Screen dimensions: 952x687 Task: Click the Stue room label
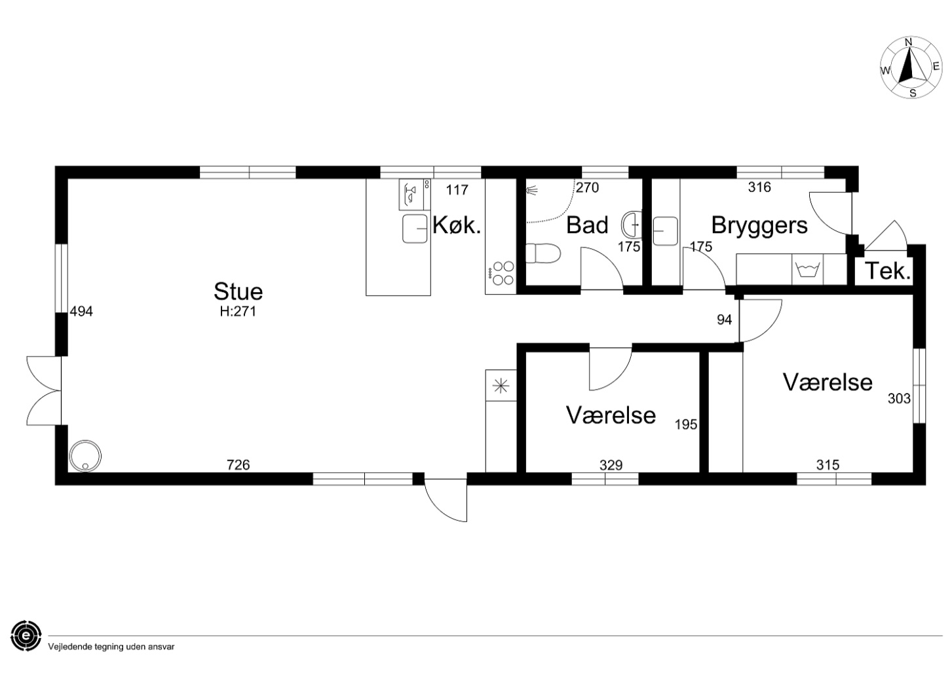tap(238, 291)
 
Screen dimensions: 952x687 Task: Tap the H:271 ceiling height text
tap(238, 312)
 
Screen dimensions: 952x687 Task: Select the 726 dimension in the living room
tap(238, 465)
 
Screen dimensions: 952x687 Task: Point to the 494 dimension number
tap(81, 312)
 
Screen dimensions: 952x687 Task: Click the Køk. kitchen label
tap(457, 225)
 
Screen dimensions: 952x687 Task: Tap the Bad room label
tap(587, 225)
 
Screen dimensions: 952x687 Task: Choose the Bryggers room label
tap(759, 225)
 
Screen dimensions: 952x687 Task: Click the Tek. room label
tap(887, 270)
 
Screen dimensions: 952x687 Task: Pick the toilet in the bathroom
tap(543, 253)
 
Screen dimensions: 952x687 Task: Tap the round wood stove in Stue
tap(85, 456)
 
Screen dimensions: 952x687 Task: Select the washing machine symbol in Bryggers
tap(807, 269)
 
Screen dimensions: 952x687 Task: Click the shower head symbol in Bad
tap(531, 190)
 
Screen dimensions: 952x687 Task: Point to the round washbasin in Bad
tap(632, 225)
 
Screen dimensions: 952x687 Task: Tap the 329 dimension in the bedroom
tap(611, 466)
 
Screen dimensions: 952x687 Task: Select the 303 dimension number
tap(899, 399)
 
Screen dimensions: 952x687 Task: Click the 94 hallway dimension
tap(724, 320)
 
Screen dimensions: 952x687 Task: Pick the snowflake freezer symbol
tap(501, 386)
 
